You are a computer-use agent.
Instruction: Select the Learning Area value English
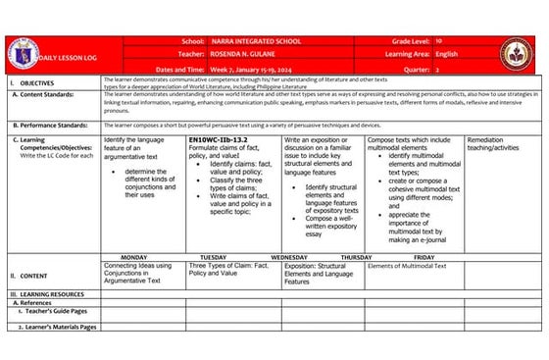pyautogui.click(x=446, y=54)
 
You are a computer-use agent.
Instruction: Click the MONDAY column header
pyautogui.click(x=133, y=257)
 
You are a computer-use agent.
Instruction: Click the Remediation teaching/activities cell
pyautogui.click(x=500, y=145)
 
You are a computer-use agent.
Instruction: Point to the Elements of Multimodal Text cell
pyautogui.click(x=406, y=266)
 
